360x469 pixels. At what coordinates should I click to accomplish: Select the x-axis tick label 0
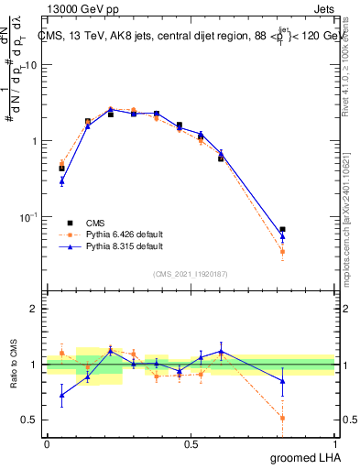click(47, 444)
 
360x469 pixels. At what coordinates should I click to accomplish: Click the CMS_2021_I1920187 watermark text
click(191, 272)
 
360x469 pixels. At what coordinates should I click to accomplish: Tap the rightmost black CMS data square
click(282, 229)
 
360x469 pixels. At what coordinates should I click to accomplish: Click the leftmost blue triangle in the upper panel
click(61, 181)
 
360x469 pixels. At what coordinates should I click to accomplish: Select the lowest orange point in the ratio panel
click(282, 418)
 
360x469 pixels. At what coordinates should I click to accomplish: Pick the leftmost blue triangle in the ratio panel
click(61, 396)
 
